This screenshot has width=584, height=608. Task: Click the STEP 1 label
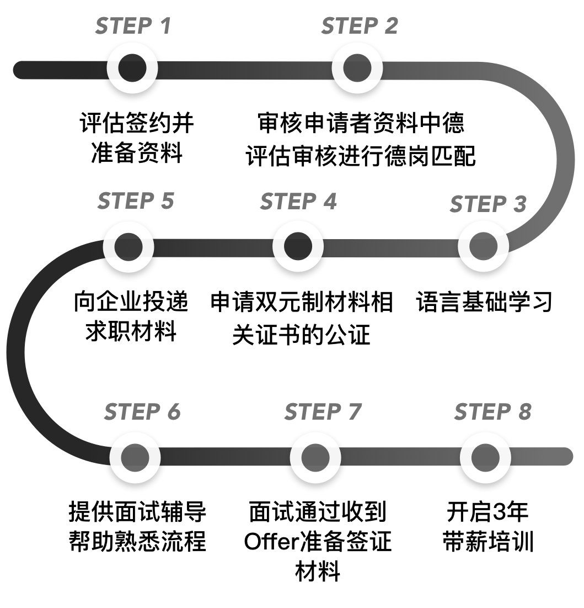[x=133, y=27]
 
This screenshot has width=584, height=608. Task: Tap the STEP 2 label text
[x=360, y=27]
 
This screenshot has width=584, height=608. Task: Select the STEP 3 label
[x=488, y=204]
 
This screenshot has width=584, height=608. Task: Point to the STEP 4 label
[x=298, y=202]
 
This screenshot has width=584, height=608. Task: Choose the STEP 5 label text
[x=136, y=201]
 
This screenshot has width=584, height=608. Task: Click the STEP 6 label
[x=142, y=412]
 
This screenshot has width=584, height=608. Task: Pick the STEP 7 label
[x=323, y=412]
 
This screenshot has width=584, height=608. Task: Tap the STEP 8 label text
[x=492, y=412]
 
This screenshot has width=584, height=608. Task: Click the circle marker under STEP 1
[x=132, y=68]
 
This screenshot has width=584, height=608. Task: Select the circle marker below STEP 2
[x=357, y=68]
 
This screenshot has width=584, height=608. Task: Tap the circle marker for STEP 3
[x=484, y=246]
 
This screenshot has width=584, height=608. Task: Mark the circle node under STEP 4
[x=298, y=246]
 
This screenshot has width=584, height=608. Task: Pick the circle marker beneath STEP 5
[x=128, y=246]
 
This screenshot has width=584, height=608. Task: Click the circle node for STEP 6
[x=135, y=457]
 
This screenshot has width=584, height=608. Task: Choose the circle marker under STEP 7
[x=315, y=457]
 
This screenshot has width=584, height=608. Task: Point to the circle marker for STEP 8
[x=485, y=457]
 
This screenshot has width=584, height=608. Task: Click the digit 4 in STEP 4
[x=329, y=202]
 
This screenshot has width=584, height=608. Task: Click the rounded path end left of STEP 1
[x=21, y=70]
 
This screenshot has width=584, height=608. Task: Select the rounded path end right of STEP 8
[x=566, y=456]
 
